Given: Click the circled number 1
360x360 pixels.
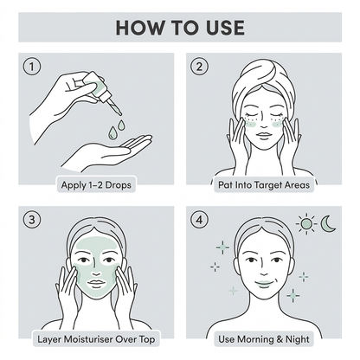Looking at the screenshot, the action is coord(32,67).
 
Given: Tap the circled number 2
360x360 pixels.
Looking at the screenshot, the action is coord(199,67).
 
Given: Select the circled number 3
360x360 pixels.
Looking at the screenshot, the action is coord(32,220).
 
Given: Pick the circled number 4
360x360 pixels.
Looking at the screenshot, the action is coord(199,220).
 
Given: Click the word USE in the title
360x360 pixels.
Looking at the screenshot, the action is coord(225,28).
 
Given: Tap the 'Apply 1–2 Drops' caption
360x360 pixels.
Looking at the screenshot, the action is coord(96,185).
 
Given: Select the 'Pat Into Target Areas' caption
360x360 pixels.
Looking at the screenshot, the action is coord(264,185).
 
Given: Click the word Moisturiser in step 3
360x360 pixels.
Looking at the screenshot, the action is coord(88,339).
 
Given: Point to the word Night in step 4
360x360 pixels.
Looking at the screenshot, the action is coord(298,339).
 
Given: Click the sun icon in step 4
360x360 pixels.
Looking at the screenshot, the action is coord(306,223).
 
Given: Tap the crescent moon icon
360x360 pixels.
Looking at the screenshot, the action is coord(328,223).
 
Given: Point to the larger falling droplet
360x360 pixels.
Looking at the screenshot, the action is coord(112,132).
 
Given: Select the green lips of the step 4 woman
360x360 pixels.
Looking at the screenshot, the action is coord(264,284).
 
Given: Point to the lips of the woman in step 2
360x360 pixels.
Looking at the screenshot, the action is coord(264,135).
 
